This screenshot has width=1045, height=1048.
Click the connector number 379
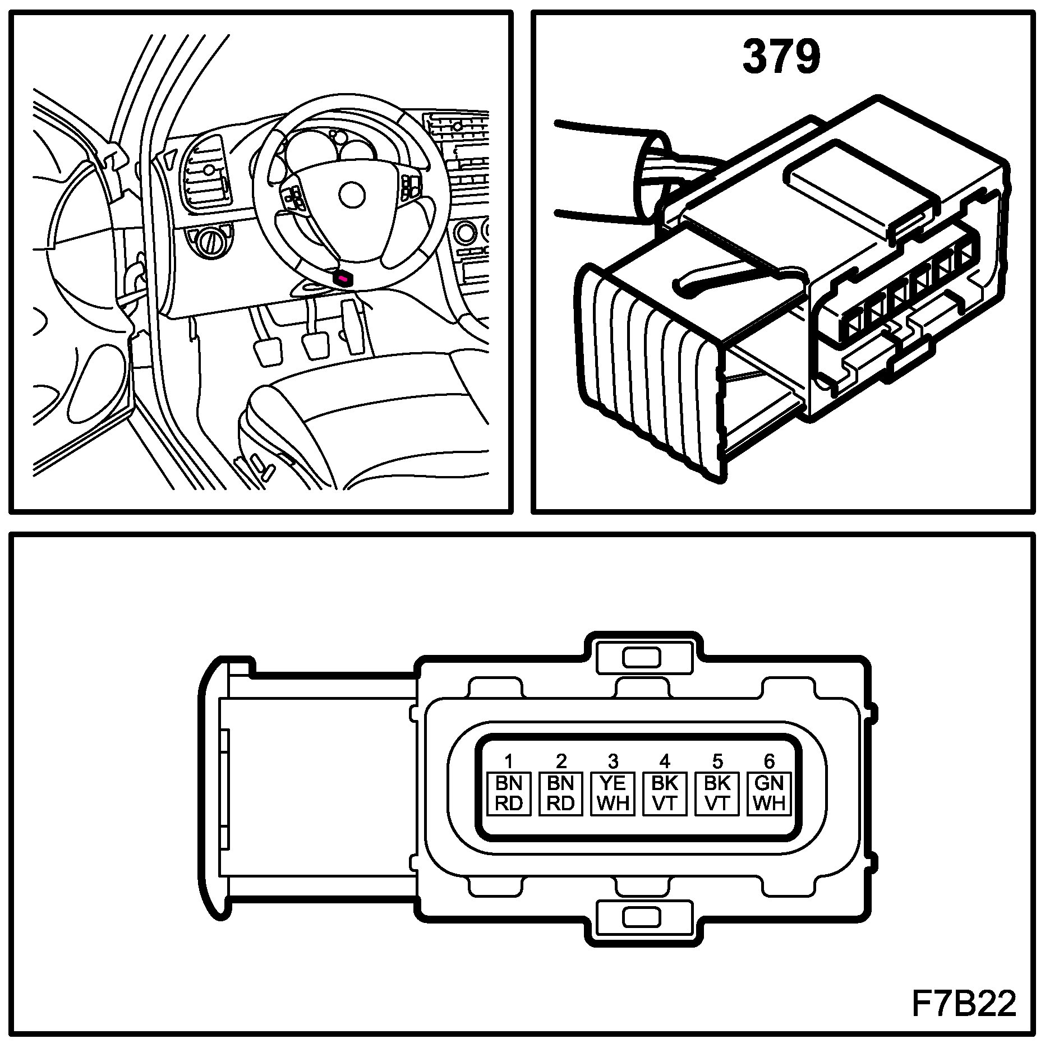click(x=781, y=57)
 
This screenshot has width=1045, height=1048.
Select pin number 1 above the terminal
click(x=509, y=761)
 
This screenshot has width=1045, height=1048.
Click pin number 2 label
click(x=561, y=761)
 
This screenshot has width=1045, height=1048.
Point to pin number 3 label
click(x=613, y=761)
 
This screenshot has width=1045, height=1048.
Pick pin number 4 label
click(x=665, y=761)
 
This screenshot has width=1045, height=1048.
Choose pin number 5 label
click(x=717, y=761)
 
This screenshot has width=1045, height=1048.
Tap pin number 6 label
click(x=769, y=761)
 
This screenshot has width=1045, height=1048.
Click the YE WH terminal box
click(x=613, y=793)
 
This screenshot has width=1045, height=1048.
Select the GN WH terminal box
click(x=769, y=793)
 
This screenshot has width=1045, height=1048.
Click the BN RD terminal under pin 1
click(x=509, y=793)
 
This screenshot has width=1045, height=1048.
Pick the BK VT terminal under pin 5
click(x=717, y=793)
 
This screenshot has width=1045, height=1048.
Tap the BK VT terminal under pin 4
click(x=665, y=793)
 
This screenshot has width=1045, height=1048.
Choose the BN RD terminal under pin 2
click(x=561, y=793)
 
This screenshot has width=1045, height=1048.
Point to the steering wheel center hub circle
click(x=352, y=194)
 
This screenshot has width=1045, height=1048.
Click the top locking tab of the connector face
click(x=642, y=657)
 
